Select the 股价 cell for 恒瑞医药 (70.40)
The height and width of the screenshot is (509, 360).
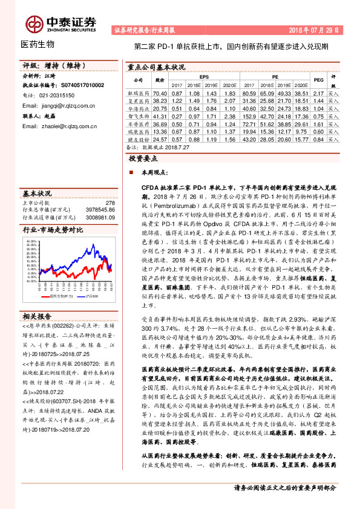[x=160, y=94]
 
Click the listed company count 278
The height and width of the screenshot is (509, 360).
[x=110, y=203]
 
